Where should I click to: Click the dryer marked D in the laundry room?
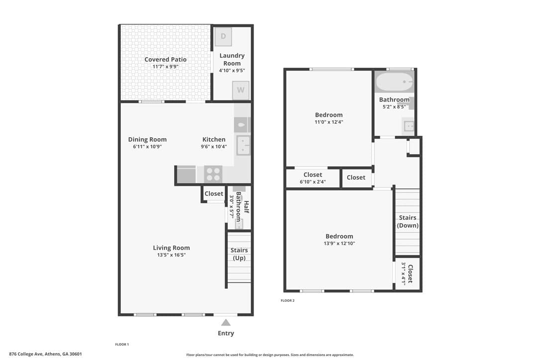point(223,36)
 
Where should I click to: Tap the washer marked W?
point(240,90)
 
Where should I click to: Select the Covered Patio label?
point(165,60)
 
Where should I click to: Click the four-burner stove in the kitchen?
point(213,174)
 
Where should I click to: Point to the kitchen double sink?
point(243,145)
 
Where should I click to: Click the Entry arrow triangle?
point(226,322)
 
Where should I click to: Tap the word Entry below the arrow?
point(226,333)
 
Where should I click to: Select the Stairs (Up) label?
point(239,254)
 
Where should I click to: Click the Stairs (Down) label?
point(408,221)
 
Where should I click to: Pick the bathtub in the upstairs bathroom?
point(394,82)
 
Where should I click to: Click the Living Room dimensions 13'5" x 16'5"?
point(171,255)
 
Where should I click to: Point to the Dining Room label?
point(147,140)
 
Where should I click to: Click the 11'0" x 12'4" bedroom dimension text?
point(329,122)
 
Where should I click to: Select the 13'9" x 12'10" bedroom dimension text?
point(339,243)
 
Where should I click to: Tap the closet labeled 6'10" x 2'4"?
point(313,178)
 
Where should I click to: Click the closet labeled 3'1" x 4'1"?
point(407,273)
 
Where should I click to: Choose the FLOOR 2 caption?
point(287,301)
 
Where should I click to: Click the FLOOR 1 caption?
point(122,345)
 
